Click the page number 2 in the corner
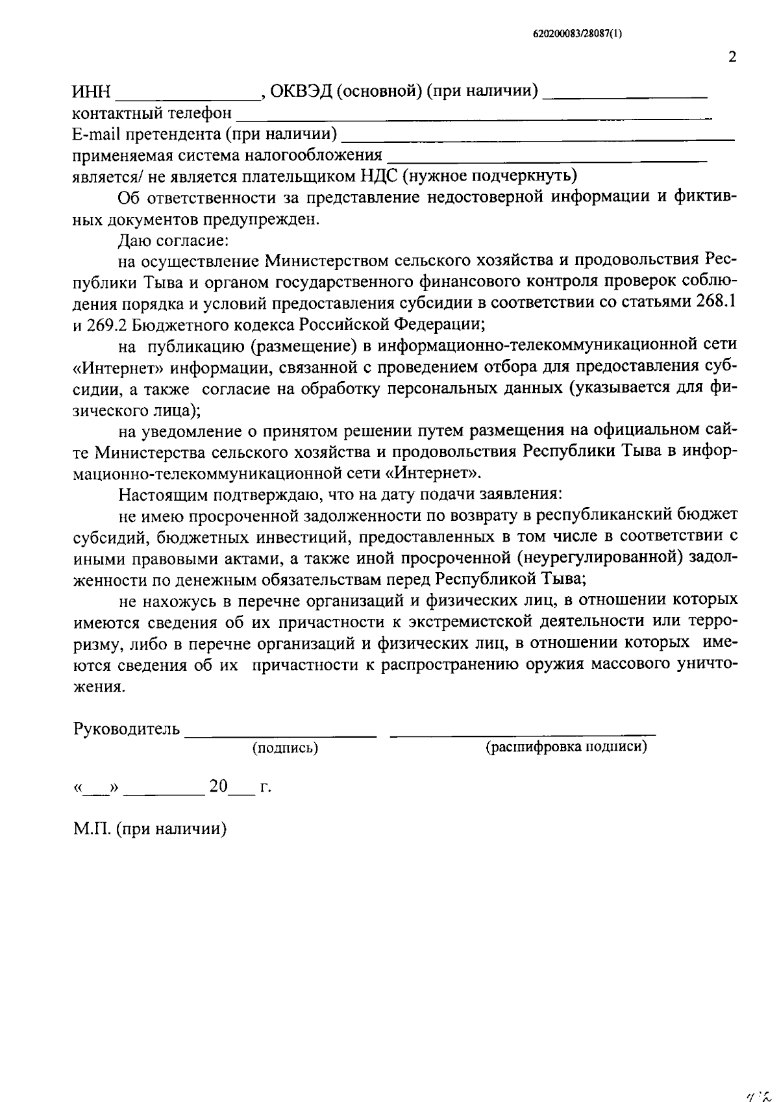pyautogui.click(x=732, y=57)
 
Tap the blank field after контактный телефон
pyautogui.click(x=474, y=118)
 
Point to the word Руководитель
pyautogui.click(x=127, y=729)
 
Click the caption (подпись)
pyautogui.click(x=285, y=748)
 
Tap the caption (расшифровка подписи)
pyautogui.click(x=567, y=747)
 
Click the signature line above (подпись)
pyautogui.click(x=280, y=735)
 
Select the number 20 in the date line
pyautogui.click(x=218, y=787)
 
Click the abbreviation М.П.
pyautogui.click(x=92, y=829)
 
